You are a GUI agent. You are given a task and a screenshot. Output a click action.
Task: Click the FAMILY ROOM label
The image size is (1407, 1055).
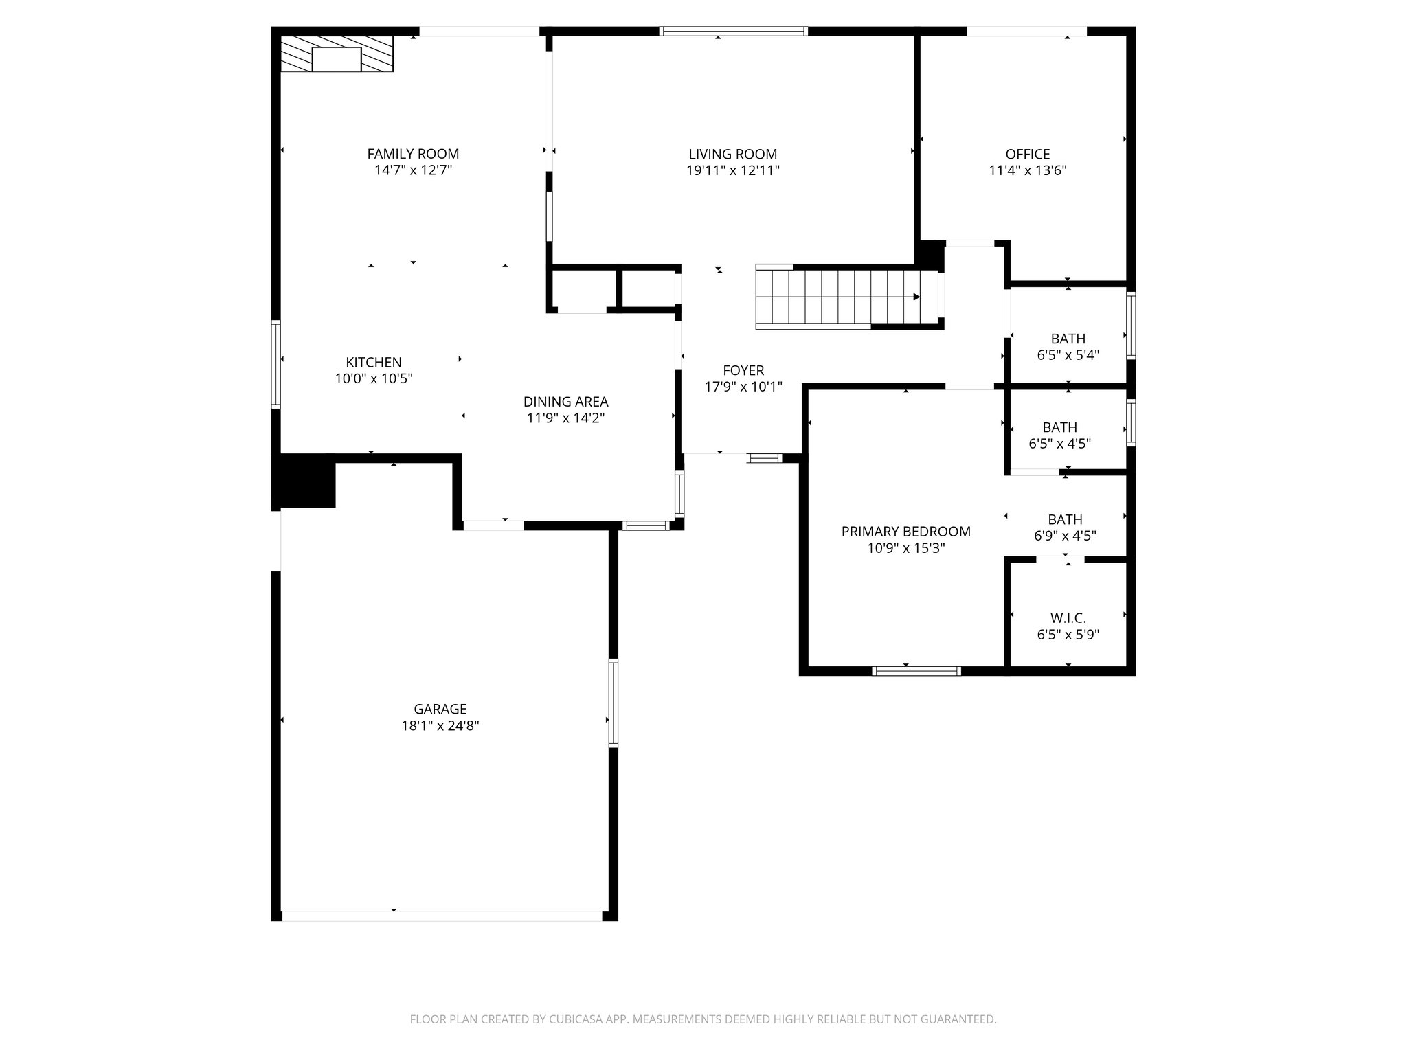click(x=413, y=154)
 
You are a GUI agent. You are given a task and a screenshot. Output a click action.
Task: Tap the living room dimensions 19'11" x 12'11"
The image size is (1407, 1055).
click(x=733, y=170)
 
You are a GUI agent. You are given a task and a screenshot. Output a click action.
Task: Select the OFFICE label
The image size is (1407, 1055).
click(x=1027, y=154)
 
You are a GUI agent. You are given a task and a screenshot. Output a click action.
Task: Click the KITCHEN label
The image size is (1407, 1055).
click(x=373, y=362)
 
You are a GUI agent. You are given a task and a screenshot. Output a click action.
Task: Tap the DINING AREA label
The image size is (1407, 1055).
click(x=565, y=402)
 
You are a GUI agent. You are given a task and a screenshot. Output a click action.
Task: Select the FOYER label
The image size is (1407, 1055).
click(x=743, y=371)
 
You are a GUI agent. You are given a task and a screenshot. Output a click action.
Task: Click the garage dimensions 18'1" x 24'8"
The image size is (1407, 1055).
click(x=440, y=725)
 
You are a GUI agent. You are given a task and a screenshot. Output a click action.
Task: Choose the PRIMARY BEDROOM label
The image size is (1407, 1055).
click(x=905, y=532)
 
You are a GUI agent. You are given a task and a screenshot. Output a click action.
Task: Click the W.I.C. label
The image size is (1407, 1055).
click(x=1068, y=618)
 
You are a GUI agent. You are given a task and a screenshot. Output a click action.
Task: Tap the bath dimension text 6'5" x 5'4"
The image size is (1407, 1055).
click(x=1068, y=355)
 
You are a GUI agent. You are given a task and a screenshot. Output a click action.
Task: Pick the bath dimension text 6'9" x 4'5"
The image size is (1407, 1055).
click(x=1065, y=536)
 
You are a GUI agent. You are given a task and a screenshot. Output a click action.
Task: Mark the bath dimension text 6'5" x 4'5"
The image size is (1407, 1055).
click(x=1059, y=444)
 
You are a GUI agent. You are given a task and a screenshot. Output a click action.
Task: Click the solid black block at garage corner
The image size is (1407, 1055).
click(x=304, y=481)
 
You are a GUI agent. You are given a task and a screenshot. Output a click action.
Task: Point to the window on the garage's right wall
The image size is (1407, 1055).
click(x=614, y=703)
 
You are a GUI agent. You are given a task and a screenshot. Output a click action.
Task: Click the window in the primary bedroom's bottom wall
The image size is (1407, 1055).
click(x=916, y=670)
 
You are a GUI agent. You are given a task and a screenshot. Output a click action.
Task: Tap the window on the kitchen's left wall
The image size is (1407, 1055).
click(x=275, y=364)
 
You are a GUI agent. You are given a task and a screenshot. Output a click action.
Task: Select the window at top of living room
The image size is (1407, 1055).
click(x=733, y=31)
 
